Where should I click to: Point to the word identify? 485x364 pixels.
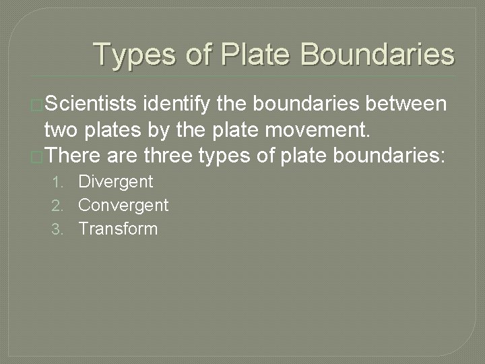coord(176,104)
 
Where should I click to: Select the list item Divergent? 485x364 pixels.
coord(116,181)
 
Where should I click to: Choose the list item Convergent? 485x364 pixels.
coord(123,205)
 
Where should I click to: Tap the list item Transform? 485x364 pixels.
coord(118,229)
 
